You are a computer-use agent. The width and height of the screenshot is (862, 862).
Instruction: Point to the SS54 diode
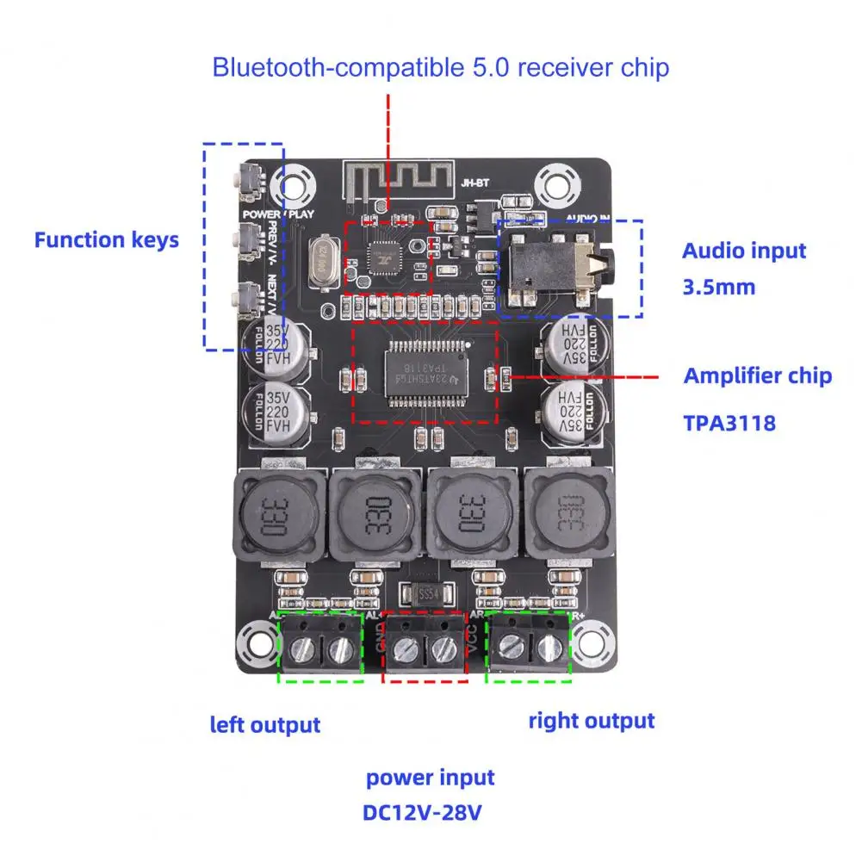(425, 593)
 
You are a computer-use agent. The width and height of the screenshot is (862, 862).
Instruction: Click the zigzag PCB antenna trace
(394, 181)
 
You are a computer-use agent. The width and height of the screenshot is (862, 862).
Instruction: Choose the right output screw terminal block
(528, 647)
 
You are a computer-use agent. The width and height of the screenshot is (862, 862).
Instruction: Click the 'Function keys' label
(107, 239)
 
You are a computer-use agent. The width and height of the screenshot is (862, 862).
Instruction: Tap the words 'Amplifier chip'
(757, 376)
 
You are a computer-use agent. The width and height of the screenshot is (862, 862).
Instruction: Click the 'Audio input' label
(744, 251)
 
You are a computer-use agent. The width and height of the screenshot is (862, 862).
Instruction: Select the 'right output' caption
(592, 721)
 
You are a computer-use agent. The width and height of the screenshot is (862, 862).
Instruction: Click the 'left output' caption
(265, 724)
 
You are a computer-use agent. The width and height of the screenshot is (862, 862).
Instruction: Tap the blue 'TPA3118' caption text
(729, 422)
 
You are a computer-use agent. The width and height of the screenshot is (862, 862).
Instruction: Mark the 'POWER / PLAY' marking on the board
(277, 214)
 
